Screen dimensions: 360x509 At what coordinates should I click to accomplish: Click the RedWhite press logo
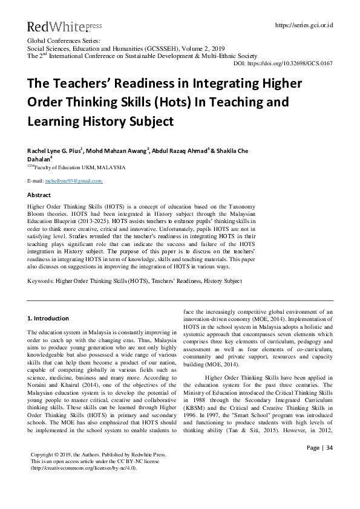tap(56, 26)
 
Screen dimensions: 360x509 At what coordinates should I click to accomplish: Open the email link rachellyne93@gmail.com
tap(73, 181)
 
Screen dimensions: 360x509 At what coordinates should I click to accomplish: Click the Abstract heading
tap(39, 195)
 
